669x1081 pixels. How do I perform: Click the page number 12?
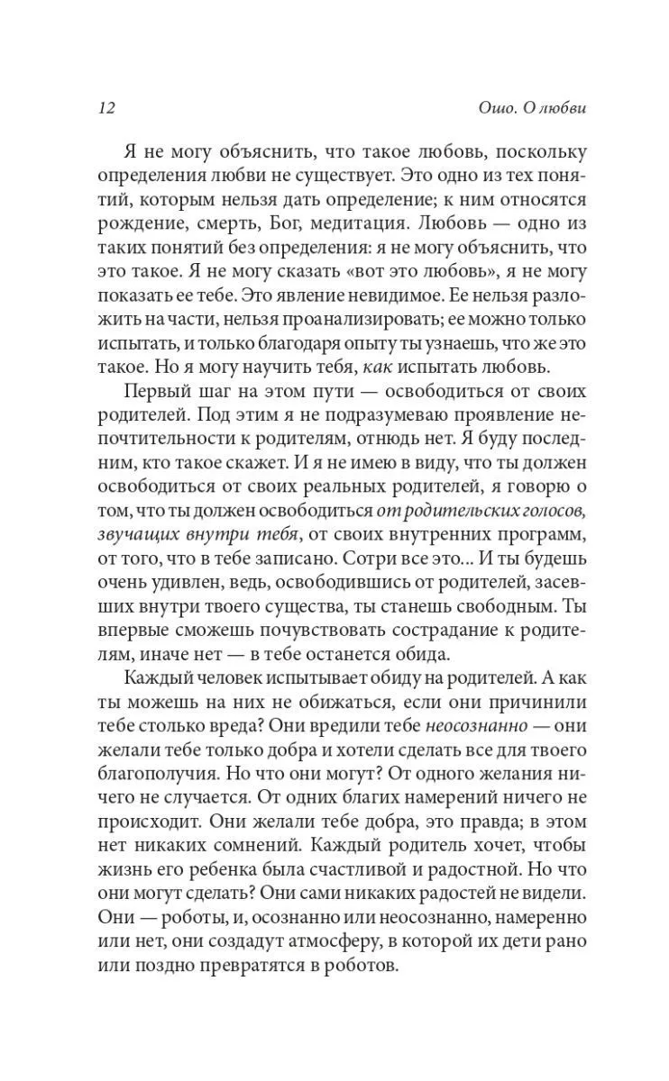tap(105, 109)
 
